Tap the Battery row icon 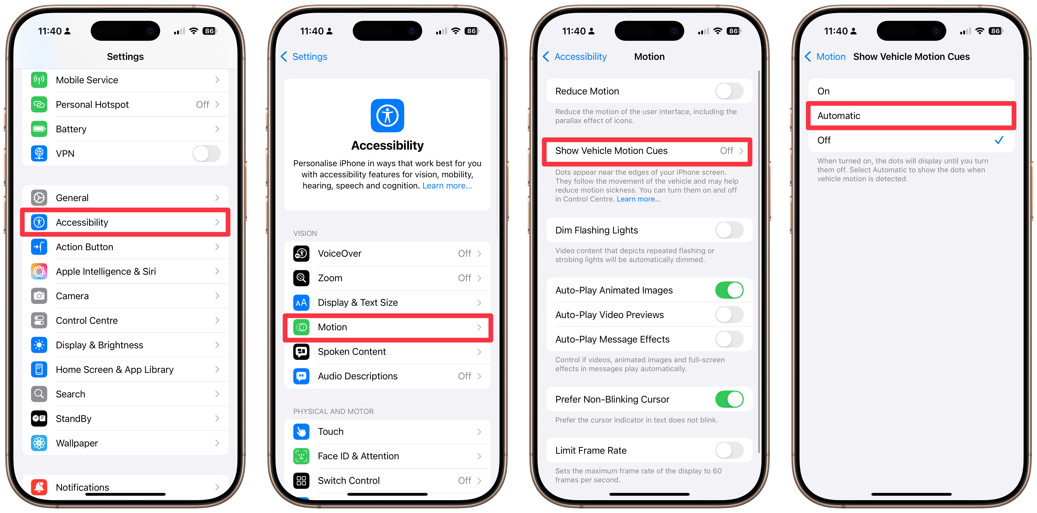click(x=39, y=129)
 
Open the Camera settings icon click(x=39, y=296)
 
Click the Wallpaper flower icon click(x=39, y=443)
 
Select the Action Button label click(x=85, y=247)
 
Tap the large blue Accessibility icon click(x=387, y=116)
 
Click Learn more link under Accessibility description click(x=447, y=186)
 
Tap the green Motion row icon click(x=301, y=327)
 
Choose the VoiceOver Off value click(x=465, y=253)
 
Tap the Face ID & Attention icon click(x=301, y=456)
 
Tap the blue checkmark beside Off click(x=999, y=140)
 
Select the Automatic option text click(x=839, y=116)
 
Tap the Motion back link click(x=825, y=56)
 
